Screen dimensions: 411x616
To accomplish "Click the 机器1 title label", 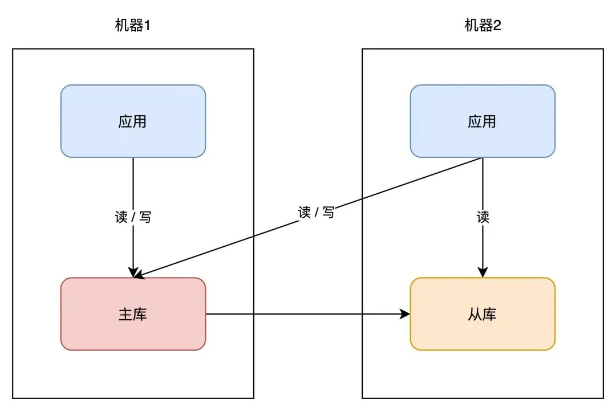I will coord(133,26).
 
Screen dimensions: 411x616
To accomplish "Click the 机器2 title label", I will coord(483,26).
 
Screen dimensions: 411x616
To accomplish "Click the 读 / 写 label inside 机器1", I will coord(133,217).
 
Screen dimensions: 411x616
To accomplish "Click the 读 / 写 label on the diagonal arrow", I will coord(316,213).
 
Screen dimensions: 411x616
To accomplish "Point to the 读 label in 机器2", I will coord(483,217).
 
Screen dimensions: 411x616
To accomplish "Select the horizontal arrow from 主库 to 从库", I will coord(308,314).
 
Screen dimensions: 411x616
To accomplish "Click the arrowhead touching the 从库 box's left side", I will coord(406,314).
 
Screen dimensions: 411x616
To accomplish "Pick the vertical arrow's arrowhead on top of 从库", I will coord(483,272).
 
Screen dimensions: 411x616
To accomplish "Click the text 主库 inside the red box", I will coord(133,314).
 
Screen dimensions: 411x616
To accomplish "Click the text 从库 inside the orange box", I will coord(483,314).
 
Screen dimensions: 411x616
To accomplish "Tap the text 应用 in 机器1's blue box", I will coord(133,121).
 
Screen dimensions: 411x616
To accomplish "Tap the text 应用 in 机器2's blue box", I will coord(483,121).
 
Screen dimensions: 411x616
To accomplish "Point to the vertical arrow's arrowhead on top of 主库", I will coord(133,272).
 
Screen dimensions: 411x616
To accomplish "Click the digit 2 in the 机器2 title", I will coord(497,26).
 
